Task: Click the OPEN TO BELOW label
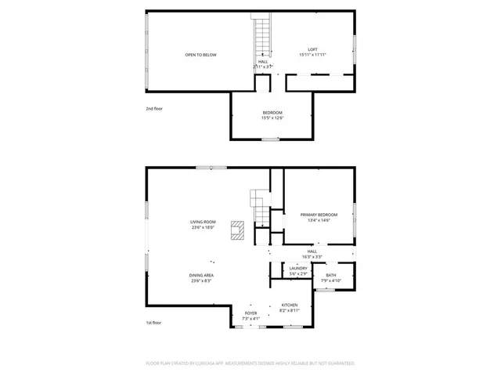[200, 55]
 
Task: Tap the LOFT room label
[312, 49]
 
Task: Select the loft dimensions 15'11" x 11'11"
[312, 55]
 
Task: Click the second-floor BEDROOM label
[272, 113]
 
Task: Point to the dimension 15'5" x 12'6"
[272, 119]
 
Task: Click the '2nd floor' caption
[153, 109]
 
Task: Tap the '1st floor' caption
[153, 323]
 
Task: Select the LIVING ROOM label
[203, 222]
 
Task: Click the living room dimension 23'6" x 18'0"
[203, 228]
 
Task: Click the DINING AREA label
[201, 275]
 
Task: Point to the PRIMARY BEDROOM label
[319, 215]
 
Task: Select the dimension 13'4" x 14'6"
[319, 221]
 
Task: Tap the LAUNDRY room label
[298, 268]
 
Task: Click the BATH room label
[331, 275]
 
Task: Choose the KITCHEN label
[290, 305]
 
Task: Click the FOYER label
[250, 313]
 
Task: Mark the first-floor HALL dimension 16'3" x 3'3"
[312, 257]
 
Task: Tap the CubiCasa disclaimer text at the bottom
[250, 363]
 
